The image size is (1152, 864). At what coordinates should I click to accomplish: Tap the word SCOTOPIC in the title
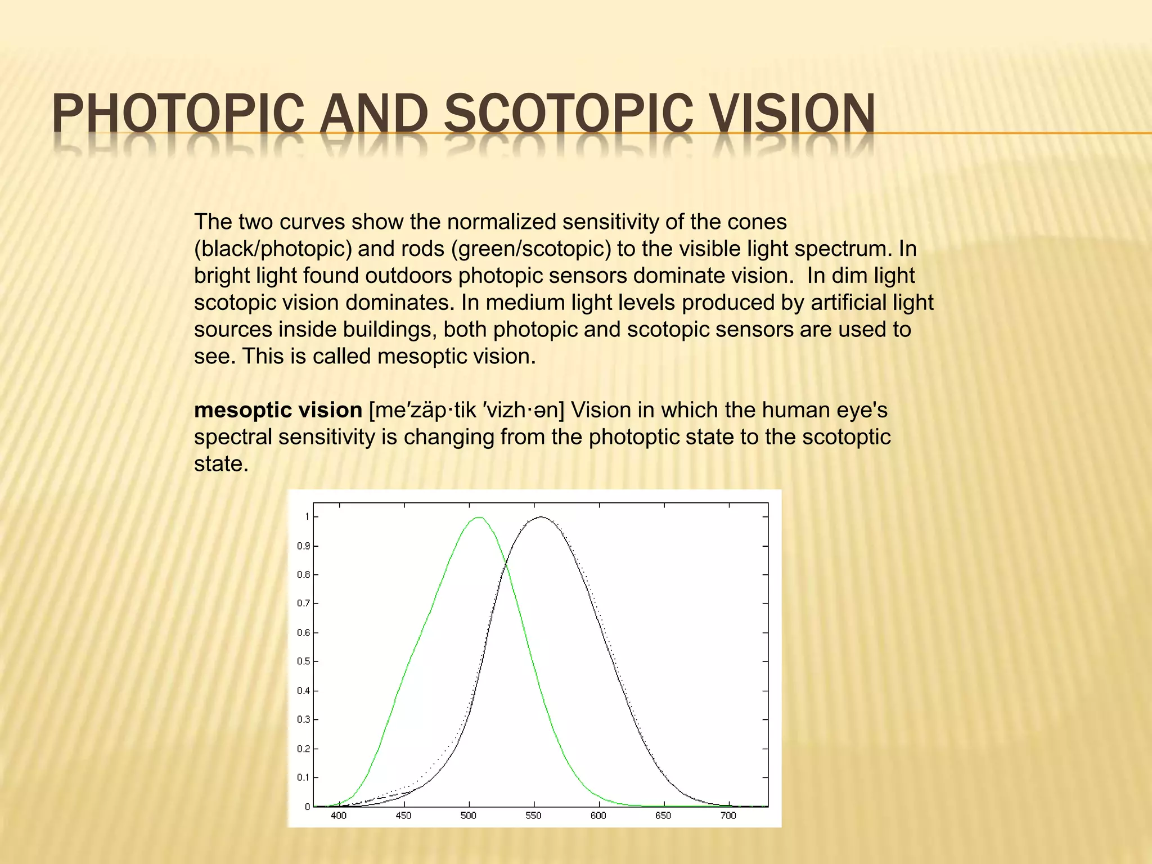coord(568,114)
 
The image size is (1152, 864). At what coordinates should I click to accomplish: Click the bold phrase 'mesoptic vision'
coord(278,410)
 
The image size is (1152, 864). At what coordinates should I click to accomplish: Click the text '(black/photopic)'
coord(273,249)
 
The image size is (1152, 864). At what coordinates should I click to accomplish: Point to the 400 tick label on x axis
coord(339,816)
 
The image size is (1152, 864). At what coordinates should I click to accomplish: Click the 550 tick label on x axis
coord(533,816)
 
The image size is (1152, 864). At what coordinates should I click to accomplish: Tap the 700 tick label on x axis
coord(728,816)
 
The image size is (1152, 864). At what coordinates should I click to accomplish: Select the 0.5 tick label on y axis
coord(304,661)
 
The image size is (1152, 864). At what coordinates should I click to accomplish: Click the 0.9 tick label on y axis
coord(304,546)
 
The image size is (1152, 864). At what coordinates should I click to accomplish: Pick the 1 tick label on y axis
coord(307,517)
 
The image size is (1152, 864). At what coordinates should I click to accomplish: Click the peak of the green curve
coord(479,517)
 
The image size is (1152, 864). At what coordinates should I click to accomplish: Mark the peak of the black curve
coord(541,517)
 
